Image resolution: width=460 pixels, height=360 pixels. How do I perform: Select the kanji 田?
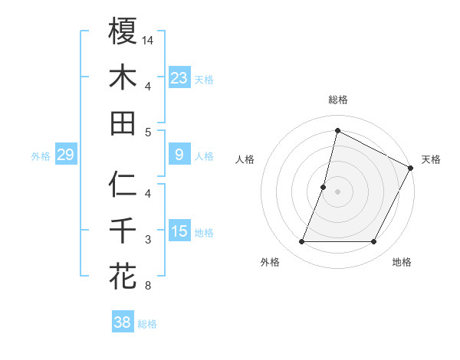pyautogui.click(x=123, y=123)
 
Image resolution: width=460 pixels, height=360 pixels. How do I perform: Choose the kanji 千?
pyautogui.click(x=123, y=231)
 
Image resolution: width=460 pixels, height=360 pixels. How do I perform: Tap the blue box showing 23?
pyautogui.click(x=179, y=78)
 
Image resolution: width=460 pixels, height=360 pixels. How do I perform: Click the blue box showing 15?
pyautogui.click(x=179, y=232)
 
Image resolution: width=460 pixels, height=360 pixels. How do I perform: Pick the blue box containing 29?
pyautogui.click(x=65, y=155)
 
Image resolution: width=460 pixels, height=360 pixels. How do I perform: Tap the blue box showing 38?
pyautogui.click(x=123, y=323)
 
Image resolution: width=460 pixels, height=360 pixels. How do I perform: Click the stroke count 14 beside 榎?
pyautogui.click(x=149, y=39)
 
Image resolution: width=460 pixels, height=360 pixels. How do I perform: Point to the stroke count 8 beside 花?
pyautogui.click(x=147, y=286)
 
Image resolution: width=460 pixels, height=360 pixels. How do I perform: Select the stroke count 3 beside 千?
pyautogui.click(x=147, y=241)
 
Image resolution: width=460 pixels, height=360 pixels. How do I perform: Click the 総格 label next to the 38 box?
pyautogui.click(x=147, y=324)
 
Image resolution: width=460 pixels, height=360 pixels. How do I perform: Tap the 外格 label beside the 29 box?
pyautogui.click(x=41, y=156)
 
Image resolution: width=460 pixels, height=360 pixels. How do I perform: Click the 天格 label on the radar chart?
pyautogui.click(x=431, y=159)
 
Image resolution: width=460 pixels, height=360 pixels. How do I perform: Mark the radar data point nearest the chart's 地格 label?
pyautogui.click(x=374, y=242)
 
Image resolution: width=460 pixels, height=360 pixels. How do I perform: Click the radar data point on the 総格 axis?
pyautogui.click(x=337, y=130)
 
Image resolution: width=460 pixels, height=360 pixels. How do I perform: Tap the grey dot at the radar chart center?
pyautogui.click(x=337, y=191)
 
